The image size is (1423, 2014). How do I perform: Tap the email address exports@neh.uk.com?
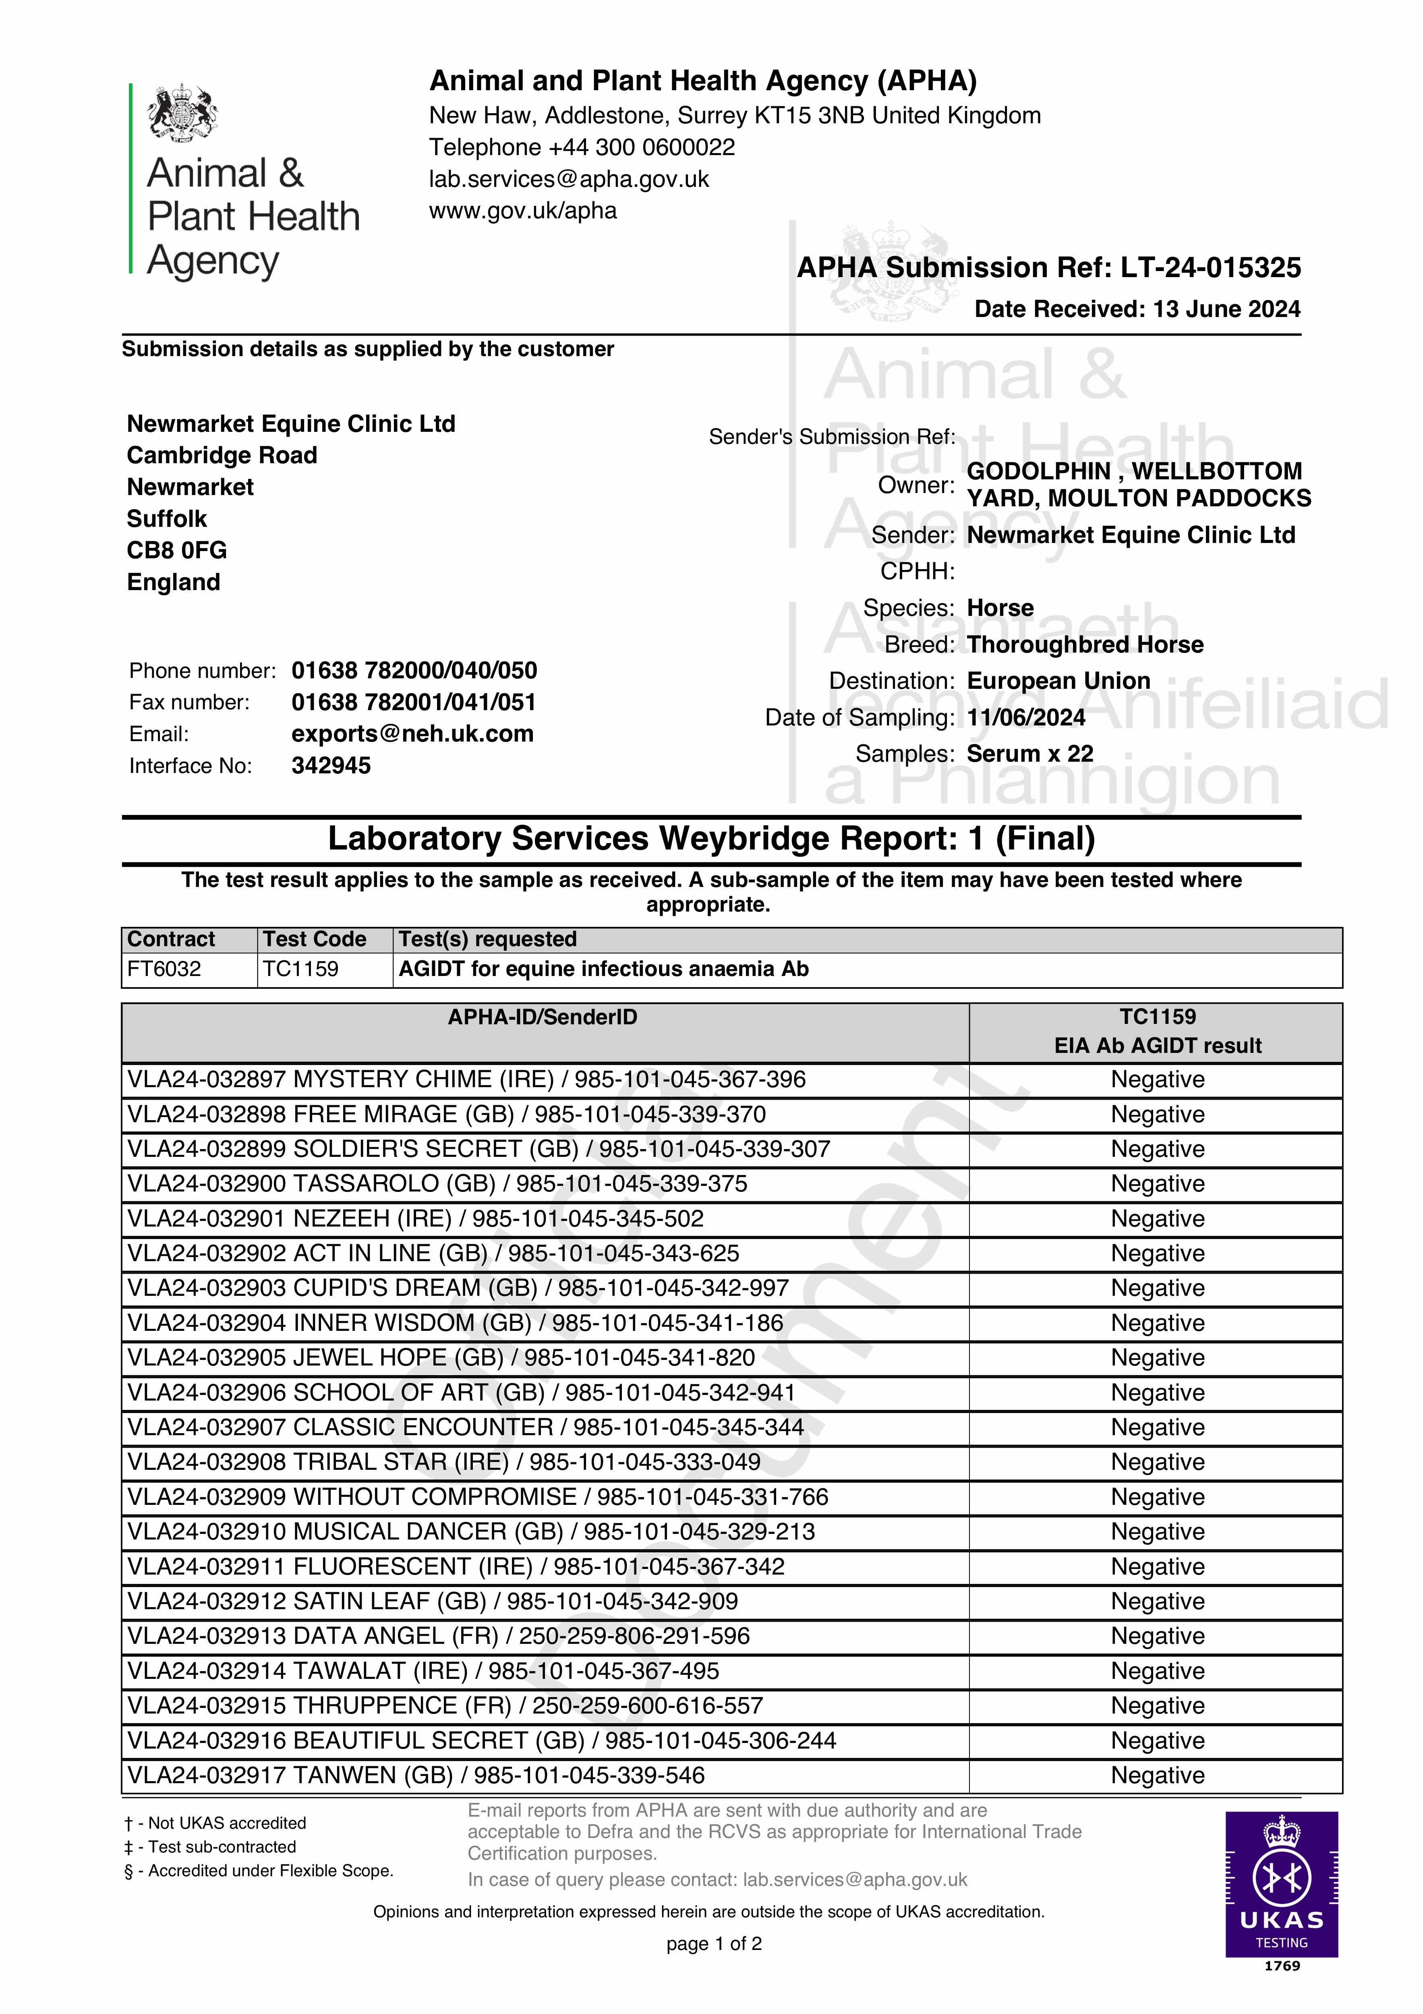tap(412, 734)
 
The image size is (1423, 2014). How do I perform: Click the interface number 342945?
tap(331, 766)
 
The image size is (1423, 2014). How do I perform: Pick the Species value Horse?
tap(1000, 608)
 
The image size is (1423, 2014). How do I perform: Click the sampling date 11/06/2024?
tap(1025, 717)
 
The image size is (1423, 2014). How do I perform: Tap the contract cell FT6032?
tap(164, 969)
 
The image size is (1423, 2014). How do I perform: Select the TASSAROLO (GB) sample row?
tap(437, 1184)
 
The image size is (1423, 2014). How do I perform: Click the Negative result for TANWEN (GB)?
tap(1157, 1776)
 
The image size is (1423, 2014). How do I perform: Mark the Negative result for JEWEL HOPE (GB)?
tap(1157, 1358)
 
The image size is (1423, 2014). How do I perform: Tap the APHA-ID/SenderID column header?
tap(542, 1017)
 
